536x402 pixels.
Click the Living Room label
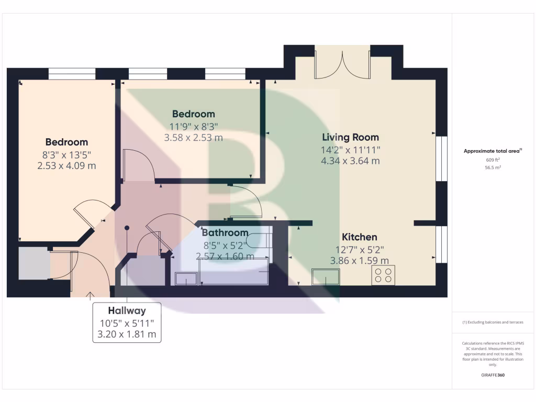pos(350,138)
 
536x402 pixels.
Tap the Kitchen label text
pos(359,237)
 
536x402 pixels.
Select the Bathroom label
pos(225,233)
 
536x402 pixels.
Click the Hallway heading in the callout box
pos(127,310)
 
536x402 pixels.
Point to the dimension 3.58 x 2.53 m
pos(194,138)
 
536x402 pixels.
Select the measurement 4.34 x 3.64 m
pos(350,161)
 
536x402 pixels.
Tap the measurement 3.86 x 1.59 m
pos(359,260)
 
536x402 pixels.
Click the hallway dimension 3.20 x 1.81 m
pos(127,334)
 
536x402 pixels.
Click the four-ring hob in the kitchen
pos(383,275)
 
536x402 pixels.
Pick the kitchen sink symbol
pos(325,276)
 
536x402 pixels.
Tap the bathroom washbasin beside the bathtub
pos(186,278)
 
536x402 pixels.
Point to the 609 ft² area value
pos(493,160)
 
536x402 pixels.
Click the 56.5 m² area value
pos(493,168)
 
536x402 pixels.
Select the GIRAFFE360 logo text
pos(493,375)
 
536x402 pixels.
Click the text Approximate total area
pos(492,151)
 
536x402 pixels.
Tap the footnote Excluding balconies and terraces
pos(493,322)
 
